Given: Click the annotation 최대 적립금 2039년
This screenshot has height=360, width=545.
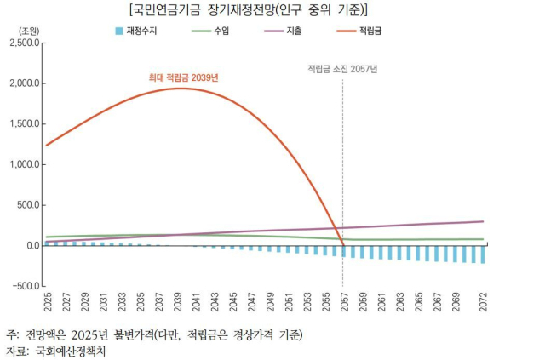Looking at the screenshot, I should click(183, 77).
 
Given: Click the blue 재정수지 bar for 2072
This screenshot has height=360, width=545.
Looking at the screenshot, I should click(483, 254).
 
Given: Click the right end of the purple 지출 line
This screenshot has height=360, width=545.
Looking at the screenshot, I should click(483, 221).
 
